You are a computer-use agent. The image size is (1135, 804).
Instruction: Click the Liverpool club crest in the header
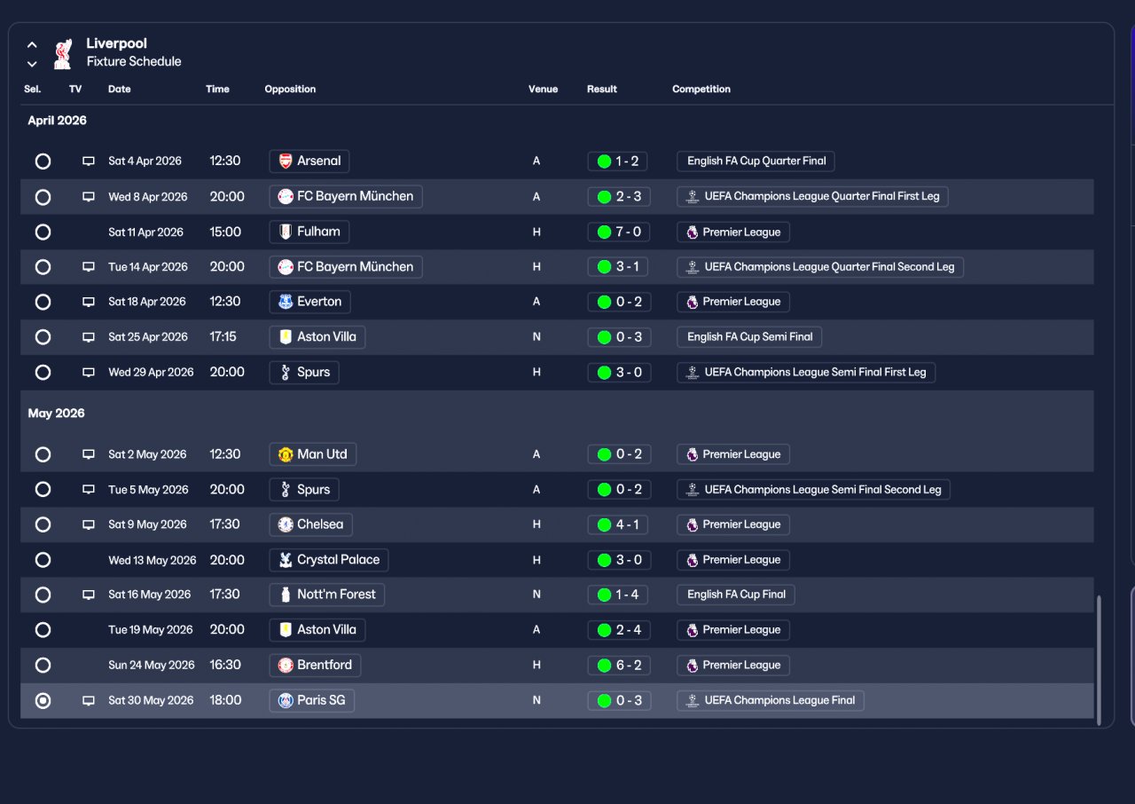[63, 53]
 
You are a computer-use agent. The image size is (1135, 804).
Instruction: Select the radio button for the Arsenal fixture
[43, 162]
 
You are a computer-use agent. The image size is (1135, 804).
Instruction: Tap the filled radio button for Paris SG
[43, 700]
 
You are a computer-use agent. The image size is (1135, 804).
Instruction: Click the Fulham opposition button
[309, 232]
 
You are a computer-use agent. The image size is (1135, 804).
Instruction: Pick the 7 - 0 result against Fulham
[619, 233]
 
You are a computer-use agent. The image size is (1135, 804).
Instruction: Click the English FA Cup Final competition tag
[736, 595]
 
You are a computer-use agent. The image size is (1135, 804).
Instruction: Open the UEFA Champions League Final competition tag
[771, 700]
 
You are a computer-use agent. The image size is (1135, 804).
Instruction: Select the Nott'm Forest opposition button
[327, 595]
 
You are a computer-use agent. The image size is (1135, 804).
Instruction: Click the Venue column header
[543, 90]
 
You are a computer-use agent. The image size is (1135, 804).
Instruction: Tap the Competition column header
[701, 90]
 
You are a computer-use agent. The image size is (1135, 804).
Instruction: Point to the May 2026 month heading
[56, 414]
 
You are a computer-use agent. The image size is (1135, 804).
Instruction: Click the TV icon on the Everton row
[89, 302]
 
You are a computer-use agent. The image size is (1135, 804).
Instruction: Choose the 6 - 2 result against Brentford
[619, 665]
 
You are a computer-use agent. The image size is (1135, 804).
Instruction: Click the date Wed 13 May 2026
[152, 560]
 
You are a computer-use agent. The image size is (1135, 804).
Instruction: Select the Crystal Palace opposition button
[329, 560]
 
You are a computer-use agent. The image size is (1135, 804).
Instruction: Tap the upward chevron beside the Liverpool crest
[32, 44]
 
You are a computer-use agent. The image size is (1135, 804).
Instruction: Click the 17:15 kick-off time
[223, 336]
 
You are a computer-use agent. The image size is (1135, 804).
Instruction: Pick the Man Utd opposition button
[313, 454]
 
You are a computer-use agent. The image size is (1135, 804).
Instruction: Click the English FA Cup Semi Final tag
[749, 337]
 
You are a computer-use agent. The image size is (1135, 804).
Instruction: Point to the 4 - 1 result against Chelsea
[618, 524]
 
